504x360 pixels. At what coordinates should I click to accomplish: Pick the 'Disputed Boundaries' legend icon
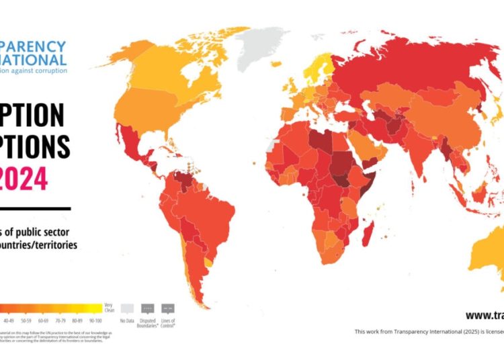[147, 308]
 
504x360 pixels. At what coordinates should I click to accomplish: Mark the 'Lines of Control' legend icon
[168, 308]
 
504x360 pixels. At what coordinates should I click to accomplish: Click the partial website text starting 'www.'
[484, 315]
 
